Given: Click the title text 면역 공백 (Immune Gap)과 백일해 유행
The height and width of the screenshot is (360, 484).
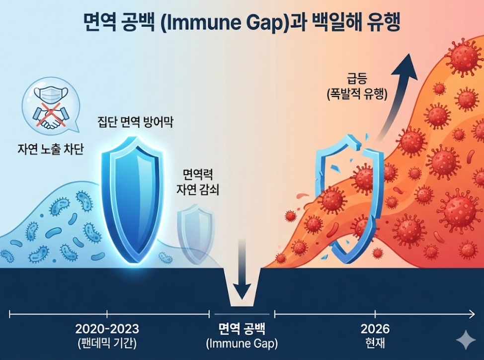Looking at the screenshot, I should [x=242, y=23].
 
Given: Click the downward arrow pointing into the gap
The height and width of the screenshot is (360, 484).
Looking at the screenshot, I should [x=242, y=271].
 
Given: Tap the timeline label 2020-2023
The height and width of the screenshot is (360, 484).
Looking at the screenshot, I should [x=107, y=329].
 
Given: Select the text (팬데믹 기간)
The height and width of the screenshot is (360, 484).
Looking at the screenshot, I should [x=107, y=343].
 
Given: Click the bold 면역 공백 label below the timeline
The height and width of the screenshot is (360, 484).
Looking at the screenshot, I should [x=242, y=329].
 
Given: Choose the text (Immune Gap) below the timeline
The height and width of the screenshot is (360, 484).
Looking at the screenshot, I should [x=242, y=343].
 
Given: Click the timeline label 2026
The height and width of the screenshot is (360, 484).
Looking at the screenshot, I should [x=375, y=329].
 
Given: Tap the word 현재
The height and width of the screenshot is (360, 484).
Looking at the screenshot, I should [x=375, y=343].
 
